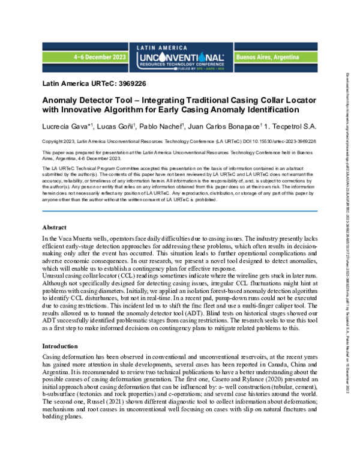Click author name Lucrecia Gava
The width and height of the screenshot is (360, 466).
tap(64, 127)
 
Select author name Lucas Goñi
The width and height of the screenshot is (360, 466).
tap(115, 127)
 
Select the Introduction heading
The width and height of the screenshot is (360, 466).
tap(64, 346)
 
